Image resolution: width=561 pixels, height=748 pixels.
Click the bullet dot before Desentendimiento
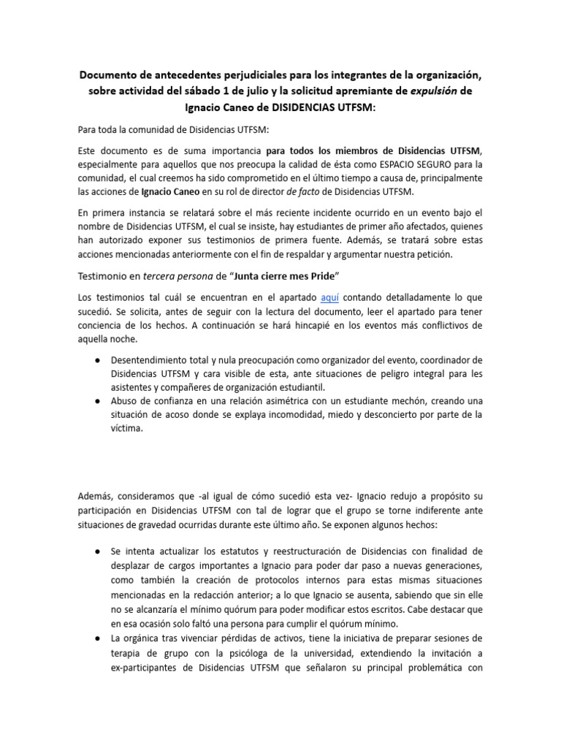(97, 361)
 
